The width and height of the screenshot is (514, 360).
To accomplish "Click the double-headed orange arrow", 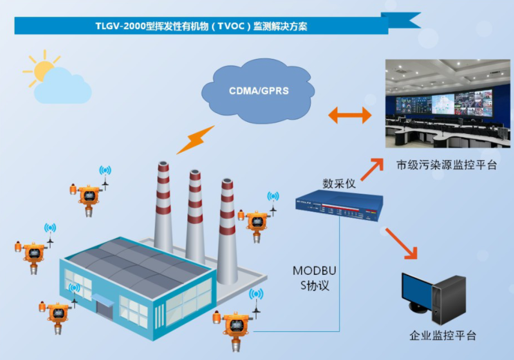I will click(349, 115).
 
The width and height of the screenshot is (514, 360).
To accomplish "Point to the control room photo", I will click(447, 103).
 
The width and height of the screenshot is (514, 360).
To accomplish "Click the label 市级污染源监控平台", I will click(446, 165).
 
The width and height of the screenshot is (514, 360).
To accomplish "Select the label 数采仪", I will click(339, 183).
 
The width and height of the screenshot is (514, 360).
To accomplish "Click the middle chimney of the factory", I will click(195, 214).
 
